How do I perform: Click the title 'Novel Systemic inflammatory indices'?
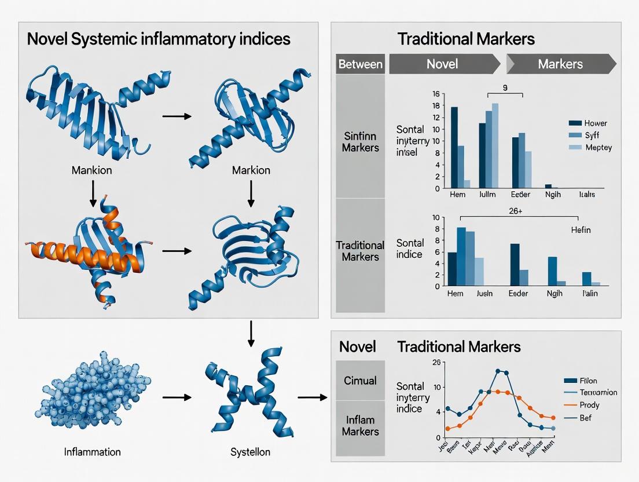click(x=159, y=40)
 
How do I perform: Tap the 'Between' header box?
click(x=360, y=64)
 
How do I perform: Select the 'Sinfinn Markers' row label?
click(x=360, y=142)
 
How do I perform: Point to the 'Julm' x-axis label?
click(x=488, y=195)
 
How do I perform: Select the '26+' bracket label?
click(x=515, y=212)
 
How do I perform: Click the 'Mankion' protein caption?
click(x=91, y=171)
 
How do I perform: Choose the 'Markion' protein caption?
click(x=251, y=171)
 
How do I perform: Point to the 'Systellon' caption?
click(x=251, y=452)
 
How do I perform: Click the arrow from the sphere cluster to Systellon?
click(x=176, y=397)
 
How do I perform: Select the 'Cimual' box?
click(x=360, y=381)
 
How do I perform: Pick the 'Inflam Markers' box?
click(x=360, y=425)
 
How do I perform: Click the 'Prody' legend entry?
click(x=589, y=405)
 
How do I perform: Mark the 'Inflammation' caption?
click(x=93, y=452)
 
